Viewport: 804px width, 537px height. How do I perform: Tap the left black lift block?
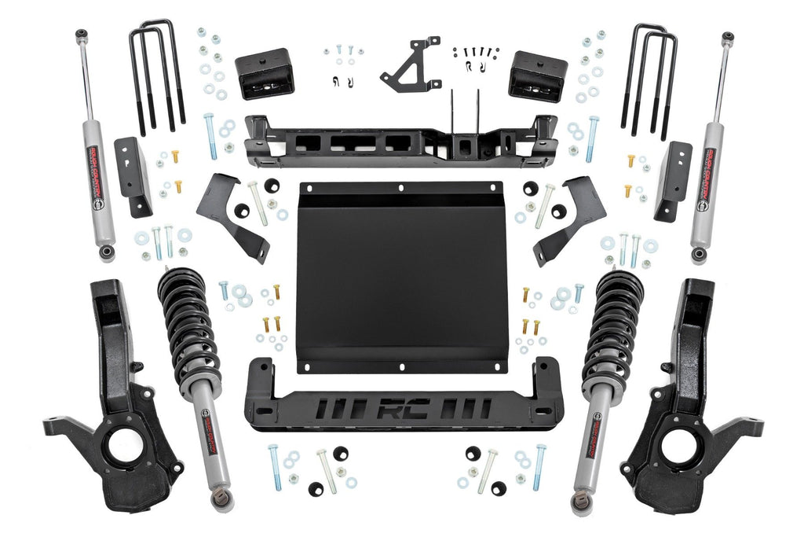[x=264, y=72]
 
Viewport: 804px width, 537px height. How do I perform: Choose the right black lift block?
[x=538, y=75]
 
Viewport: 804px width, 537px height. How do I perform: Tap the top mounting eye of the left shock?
[x=80, y=35]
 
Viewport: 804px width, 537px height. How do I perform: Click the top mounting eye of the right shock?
[x=728, y=37]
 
